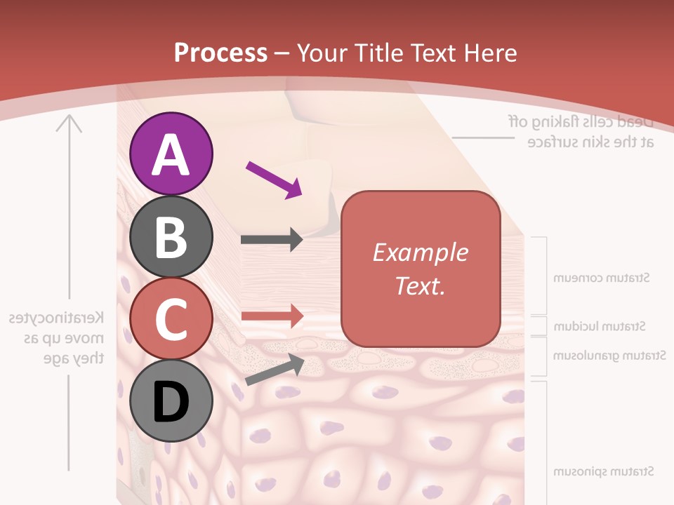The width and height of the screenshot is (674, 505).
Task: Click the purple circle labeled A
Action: [171, 154]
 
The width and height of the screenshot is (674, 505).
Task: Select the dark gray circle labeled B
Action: [171, 236]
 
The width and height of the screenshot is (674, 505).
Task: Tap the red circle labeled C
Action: [171, 319]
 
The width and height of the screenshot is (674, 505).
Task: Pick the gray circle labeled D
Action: [171, 401]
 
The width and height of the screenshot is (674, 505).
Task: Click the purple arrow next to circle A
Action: [274, 180]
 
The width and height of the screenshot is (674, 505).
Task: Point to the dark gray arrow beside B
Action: [272, 240]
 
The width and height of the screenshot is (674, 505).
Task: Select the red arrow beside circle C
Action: [272, 316]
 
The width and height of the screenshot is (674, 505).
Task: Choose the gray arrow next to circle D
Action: [275, 370]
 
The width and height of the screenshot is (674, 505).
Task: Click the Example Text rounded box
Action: [421, 269]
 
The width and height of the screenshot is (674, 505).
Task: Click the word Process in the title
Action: [220, 53]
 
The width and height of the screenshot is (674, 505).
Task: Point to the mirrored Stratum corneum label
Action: [602, 278]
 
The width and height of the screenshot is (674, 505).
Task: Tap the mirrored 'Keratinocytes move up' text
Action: [57, 338]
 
